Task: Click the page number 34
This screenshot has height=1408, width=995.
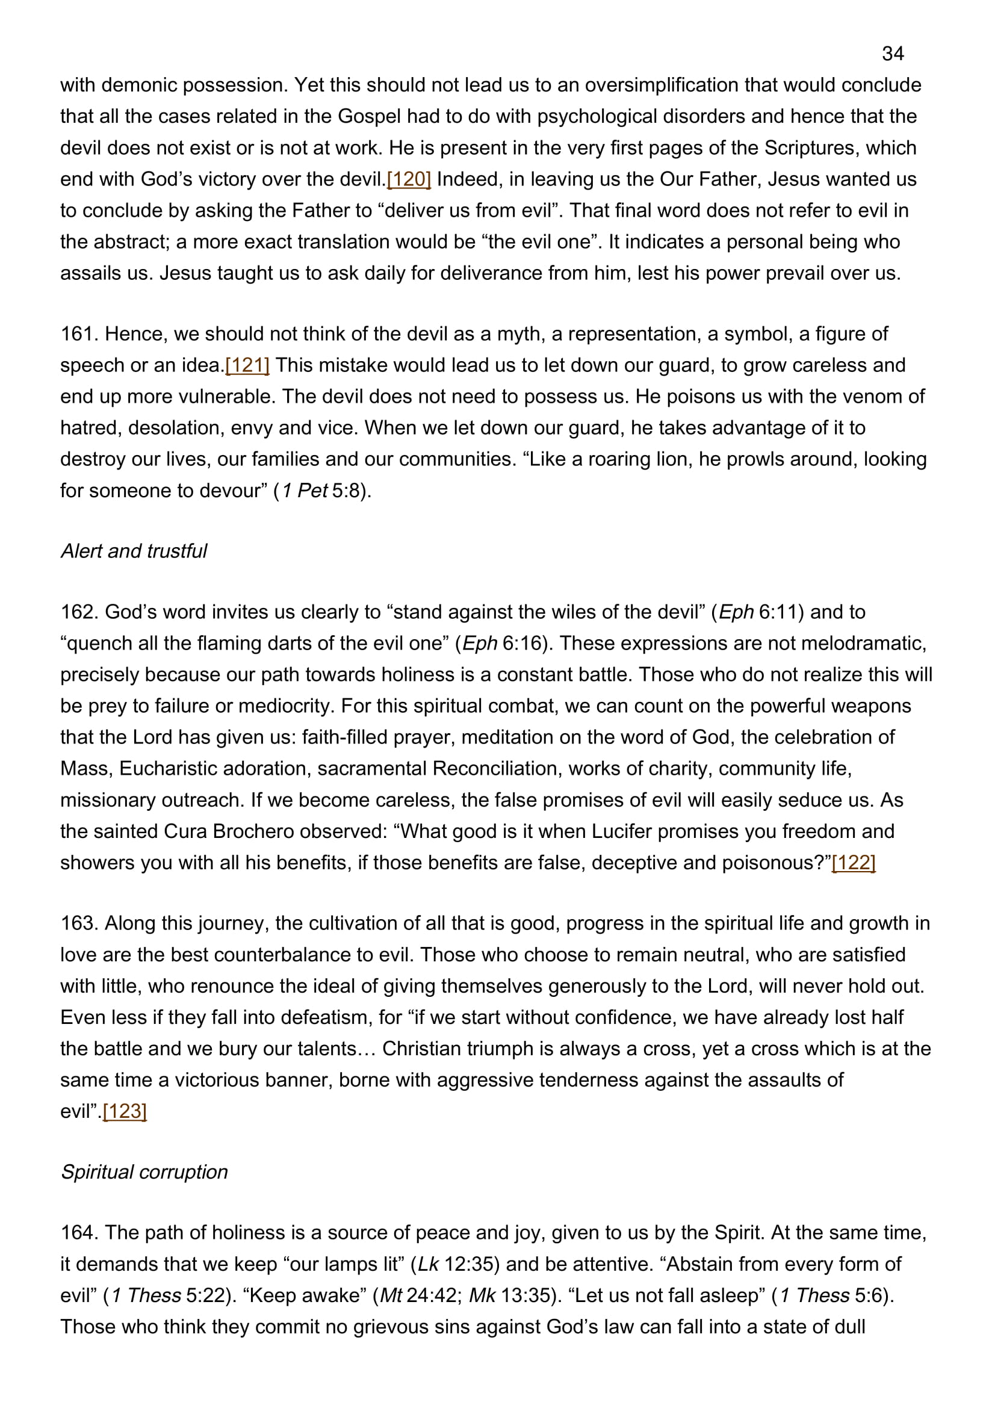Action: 893,54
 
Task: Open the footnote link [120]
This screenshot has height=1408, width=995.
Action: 409,179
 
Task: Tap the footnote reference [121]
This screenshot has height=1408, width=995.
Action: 247,365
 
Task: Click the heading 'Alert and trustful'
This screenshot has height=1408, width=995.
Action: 134,551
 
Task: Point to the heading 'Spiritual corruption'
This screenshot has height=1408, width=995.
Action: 144,1171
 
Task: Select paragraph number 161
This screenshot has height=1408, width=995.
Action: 79,333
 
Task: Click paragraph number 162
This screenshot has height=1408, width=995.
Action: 79,612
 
